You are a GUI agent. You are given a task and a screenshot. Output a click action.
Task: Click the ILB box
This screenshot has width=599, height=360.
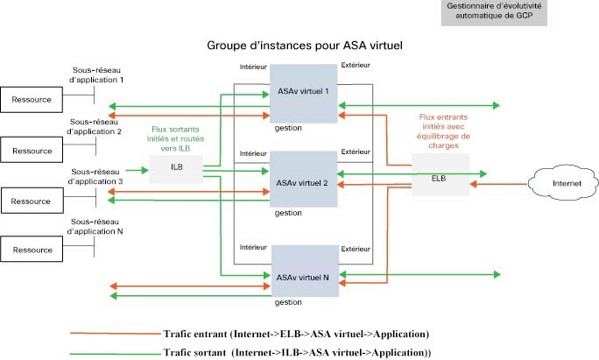[x=176, y=169]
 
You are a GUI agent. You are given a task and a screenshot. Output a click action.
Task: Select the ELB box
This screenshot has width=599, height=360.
[x=440, y=175]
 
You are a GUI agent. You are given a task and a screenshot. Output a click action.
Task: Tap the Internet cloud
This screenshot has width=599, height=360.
[x=563, y=183]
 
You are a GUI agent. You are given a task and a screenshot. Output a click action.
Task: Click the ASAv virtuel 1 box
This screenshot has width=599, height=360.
[x=303, y=94]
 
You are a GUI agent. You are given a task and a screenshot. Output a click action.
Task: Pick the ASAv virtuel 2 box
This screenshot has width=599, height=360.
[x=303, y=180]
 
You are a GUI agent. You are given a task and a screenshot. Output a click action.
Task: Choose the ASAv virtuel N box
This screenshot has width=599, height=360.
[x=305, y=271]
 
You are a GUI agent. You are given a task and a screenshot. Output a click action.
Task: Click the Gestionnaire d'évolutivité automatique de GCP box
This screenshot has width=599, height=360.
[x=494, y=12]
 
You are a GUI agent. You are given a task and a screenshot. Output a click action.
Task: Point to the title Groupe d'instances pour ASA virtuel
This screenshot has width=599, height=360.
[x=305, y=46]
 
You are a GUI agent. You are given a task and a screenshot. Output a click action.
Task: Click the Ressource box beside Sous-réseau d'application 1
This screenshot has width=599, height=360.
[x=32, y=100]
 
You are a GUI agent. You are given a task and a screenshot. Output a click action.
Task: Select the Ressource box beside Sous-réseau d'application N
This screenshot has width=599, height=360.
[x=32, y=249]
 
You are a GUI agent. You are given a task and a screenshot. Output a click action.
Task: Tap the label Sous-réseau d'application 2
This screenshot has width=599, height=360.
[x=94, y=126]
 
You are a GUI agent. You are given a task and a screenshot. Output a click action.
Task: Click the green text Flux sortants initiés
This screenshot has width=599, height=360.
[x=175, y=134]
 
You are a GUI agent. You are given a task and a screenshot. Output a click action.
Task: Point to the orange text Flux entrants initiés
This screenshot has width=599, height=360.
[x=443, y=122]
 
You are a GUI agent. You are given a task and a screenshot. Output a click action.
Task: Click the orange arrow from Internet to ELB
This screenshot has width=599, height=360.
[x=498, y=184]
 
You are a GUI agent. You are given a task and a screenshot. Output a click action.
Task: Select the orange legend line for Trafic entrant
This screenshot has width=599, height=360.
[x=116, y=334]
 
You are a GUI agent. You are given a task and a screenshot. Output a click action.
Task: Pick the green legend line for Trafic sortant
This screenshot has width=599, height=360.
[x=116, y=354]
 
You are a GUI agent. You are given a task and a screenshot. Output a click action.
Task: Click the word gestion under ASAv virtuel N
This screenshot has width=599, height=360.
[x=288, y=302]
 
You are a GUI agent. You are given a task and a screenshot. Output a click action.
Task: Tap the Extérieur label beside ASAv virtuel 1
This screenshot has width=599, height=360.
[x=356, y=66]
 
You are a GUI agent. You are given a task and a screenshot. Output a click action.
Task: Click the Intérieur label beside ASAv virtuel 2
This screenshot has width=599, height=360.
[x=253, y=153]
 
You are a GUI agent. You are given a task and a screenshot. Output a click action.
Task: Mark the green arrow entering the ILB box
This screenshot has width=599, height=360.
[x=137, y=170]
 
